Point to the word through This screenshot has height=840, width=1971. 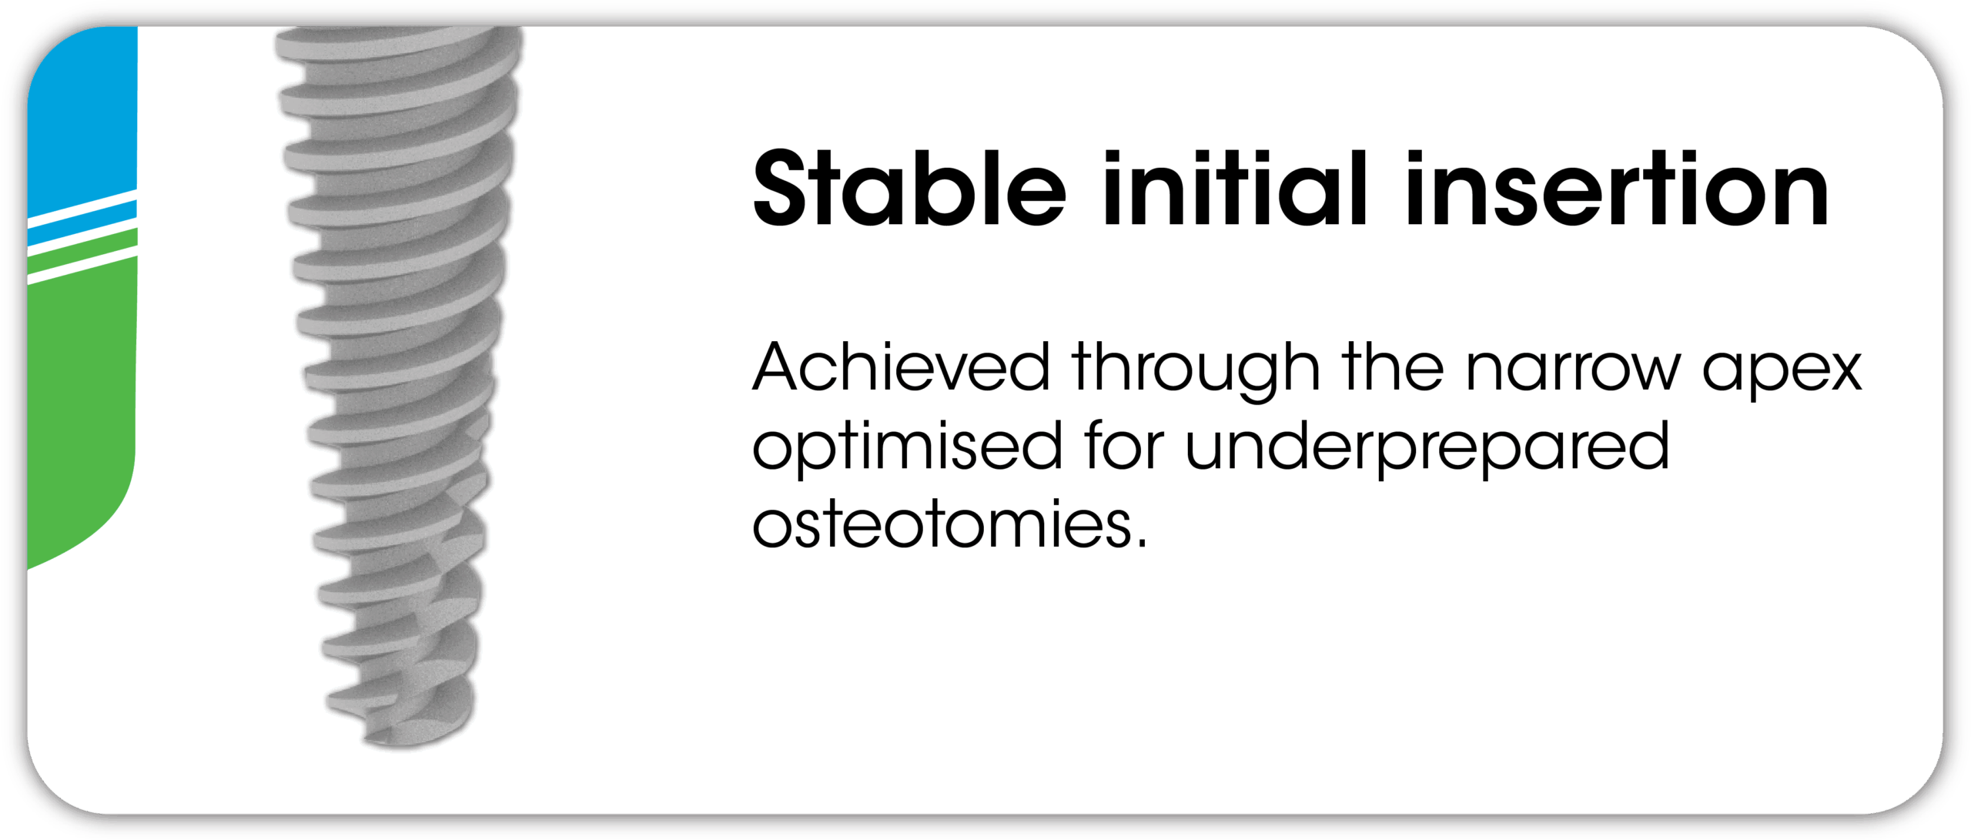[x=1196, y=371]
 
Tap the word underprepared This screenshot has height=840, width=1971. [x=1427, y=449]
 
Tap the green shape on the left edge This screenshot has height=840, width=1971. [x=81, y=408]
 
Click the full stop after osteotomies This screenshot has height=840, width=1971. [x=1140, y=543]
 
